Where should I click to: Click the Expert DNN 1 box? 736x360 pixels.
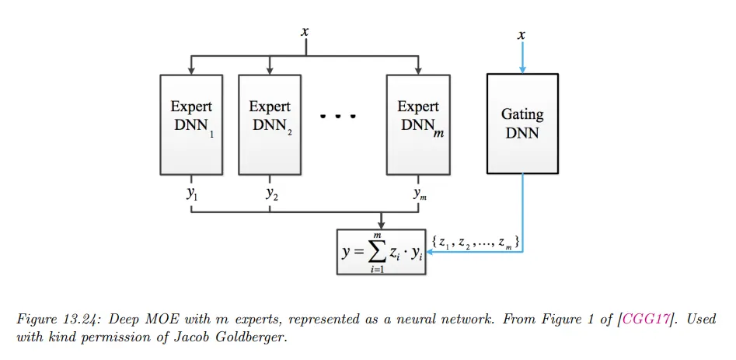tap(191, 124)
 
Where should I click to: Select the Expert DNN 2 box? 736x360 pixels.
tap(270, 124)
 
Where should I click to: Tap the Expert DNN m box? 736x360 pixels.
tap(418, 124)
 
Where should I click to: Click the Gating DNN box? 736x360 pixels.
tap(521, 123)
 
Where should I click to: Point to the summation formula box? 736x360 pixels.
tap(382, 251)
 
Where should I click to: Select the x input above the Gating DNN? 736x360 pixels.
tap(521, 35)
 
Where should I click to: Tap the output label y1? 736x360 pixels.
tap(191, 194)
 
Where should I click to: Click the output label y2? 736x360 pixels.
tap(270, 194)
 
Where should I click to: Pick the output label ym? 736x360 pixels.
tap(420, 194)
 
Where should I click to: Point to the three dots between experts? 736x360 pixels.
tap(338, 117)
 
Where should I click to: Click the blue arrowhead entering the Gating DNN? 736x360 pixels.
tap(521, 68)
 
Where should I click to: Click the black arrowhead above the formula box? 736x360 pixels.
tap(382, 225)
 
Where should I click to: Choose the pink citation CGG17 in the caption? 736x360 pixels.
tap(647, 320)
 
